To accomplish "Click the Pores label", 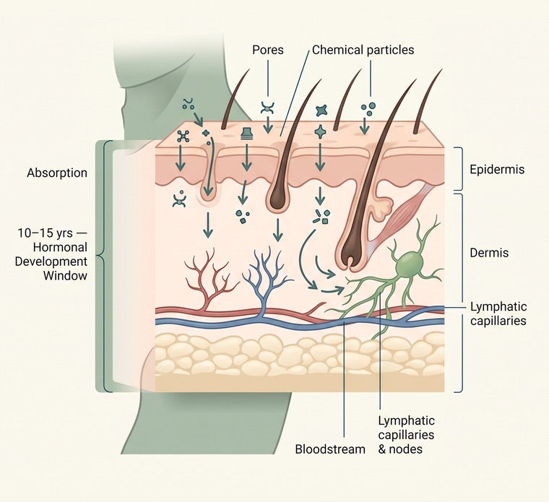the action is (x=268, y=50).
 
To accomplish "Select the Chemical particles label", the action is (x=363, y=50).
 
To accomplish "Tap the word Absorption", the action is (x=57, y=173).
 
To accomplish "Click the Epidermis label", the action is (x=497, y=170).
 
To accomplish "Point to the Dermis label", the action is (x=489, y=252).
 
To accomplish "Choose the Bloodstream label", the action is (x=330, y=449).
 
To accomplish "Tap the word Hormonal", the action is (x=60, y=247).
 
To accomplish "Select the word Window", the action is (x=65, y=275).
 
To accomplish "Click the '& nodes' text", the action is (x=400, y=449).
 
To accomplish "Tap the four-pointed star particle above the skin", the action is (x=321, y=111).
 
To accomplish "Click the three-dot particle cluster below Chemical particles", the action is (x=368, y=109).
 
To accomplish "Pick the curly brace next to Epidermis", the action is (x=459, y=169).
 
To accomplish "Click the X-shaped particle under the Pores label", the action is (x=268, y=108).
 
